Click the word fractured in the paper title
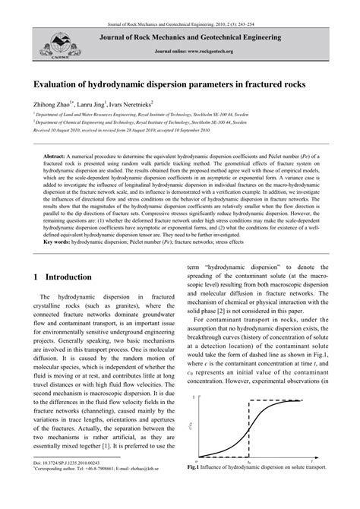pos(242,87)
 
